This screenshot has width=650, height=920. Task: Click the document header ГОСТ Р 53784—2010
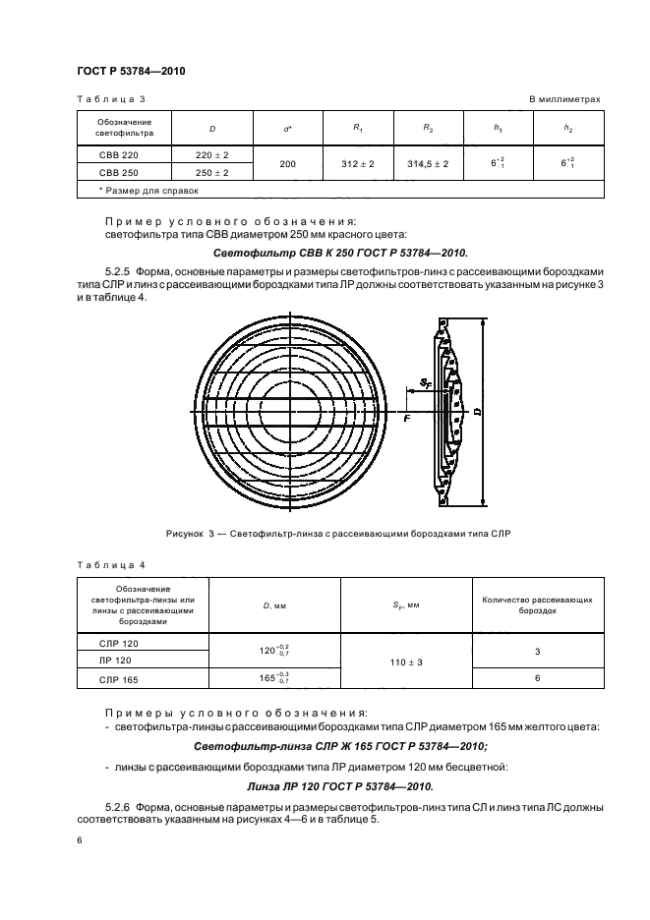pyautogui.click(x=131, y=71)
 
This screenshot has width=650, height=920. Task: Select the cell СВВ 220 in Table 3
pyautogui.click(x=110, y=154)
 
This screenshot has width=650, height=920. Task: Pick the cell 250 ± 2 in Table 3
pyautogui.click(x=212, y=172)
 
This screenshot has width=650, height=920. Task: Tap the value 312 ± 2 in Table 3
pyautogui.click(x=358, y=163)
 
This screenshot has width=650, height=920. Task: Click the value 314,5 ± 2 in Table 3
pyautogui.click(x=428, y=163)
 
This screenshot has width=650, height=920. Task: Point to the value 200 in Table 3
pyautogui.click(x=287, y=163)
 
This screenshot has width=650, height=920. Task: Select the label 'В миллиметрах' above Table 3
pyautogui.click(x=564, y=99)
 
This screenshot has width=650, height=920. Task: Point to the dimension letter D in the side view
pyautogui.click(x=478, y=413)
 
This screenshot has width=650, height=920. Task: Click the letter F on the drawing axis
pyautogui.click(x=406, y=420)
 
